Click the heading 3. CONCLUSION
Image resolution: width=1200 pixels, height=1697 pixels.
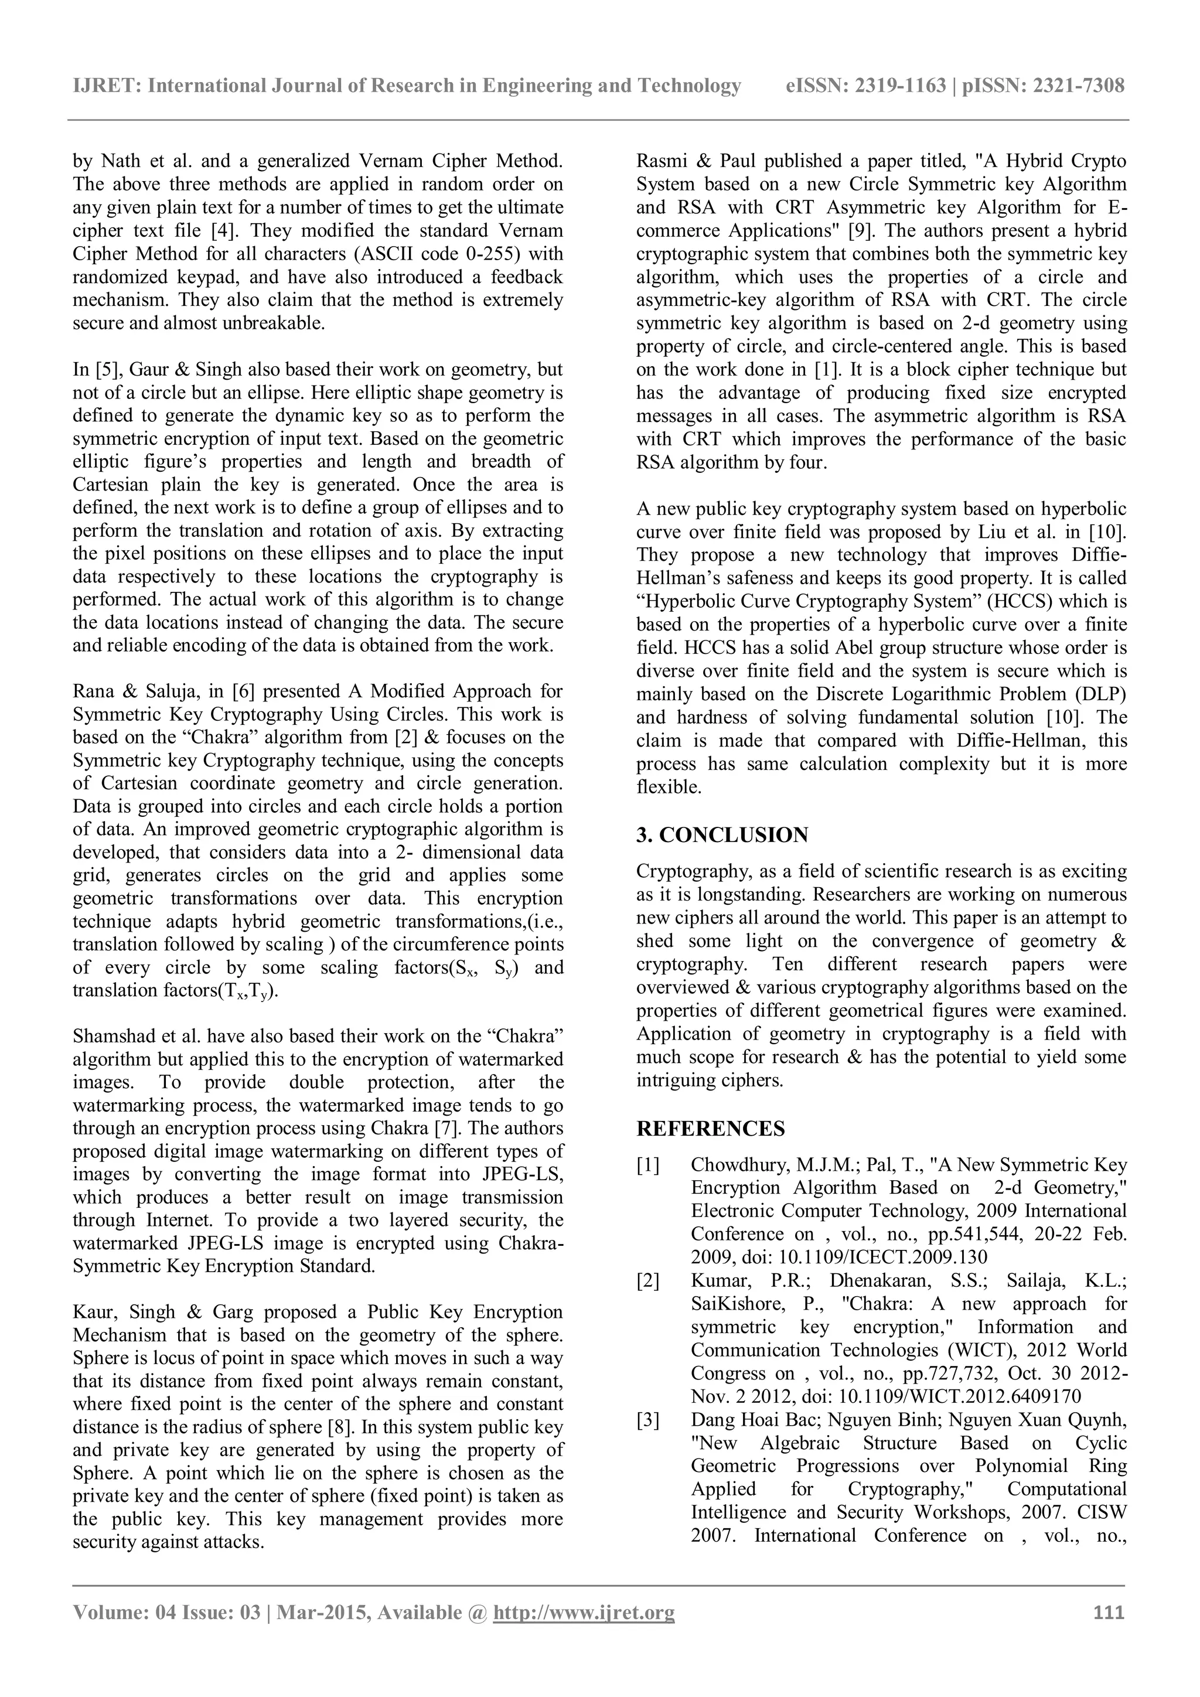pos(722,835)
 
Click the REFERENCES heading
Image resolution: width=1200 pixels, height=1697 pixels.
pos(710,1129)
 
